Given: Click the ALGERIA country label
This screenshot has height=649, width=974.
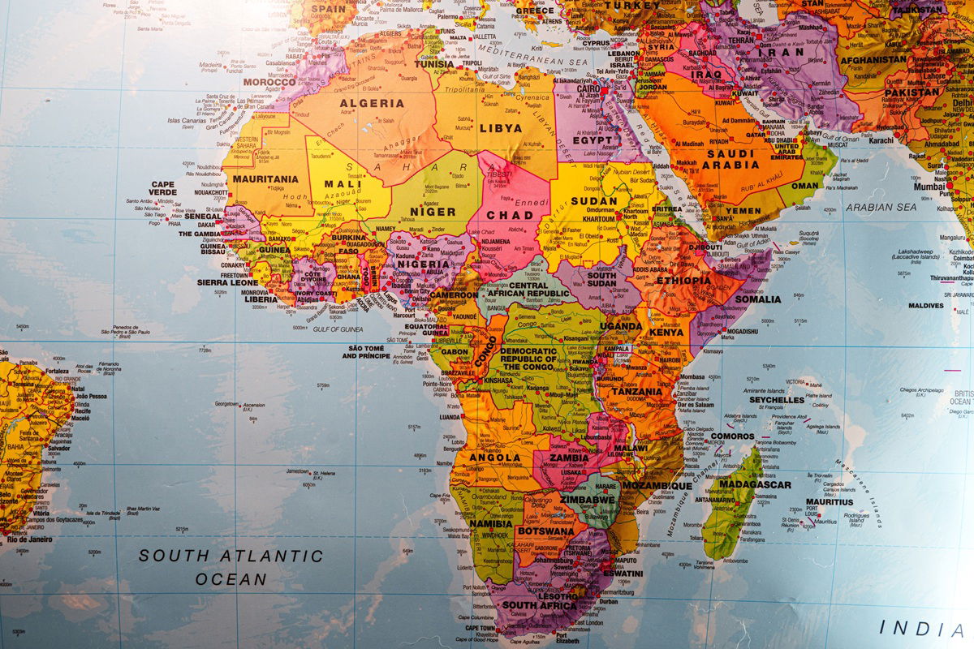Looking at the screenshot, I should [x=371, y=103].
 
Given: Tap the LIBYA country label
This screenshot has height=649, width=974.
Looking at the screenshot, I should [x=501, y=127].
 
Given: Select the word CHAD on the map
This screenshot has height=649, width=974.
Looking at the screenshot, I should [x=510, y=215].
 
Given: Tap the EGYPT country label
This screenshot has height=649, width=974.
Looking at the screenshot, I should [x=593, y=140].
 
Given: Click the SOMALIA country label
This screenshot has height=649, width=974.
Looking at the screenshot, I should [x=757, y=299].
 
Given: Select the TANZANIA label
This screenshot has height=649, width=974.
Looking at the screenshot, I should [x=636, y=391].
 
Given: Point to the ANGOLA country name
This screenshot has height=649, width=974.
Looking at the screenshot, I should [x=494, y=458].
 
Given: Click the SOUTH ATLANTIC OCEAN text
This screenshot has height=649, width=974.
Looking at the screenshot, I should [x=231, y=567].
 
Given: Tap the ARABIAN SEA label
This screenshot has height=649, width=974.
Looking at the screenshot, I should [x=881, y=207].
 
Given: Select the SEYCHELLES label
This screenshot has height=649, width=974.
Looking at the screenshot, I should [x=776, y=400].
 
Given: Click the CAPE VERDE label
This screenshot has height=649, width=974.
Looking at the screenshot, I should [x=162, y=188].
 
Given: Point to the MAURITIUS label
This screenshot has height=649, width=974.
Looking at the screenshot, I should [x=830, y=502].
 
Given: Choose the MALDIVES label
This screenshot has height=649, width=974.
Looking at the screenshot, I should [x=925, y=306].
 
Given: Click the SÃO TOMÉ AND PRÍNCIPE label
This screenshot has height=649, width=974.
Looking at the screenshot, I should [x=366, y=351].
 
